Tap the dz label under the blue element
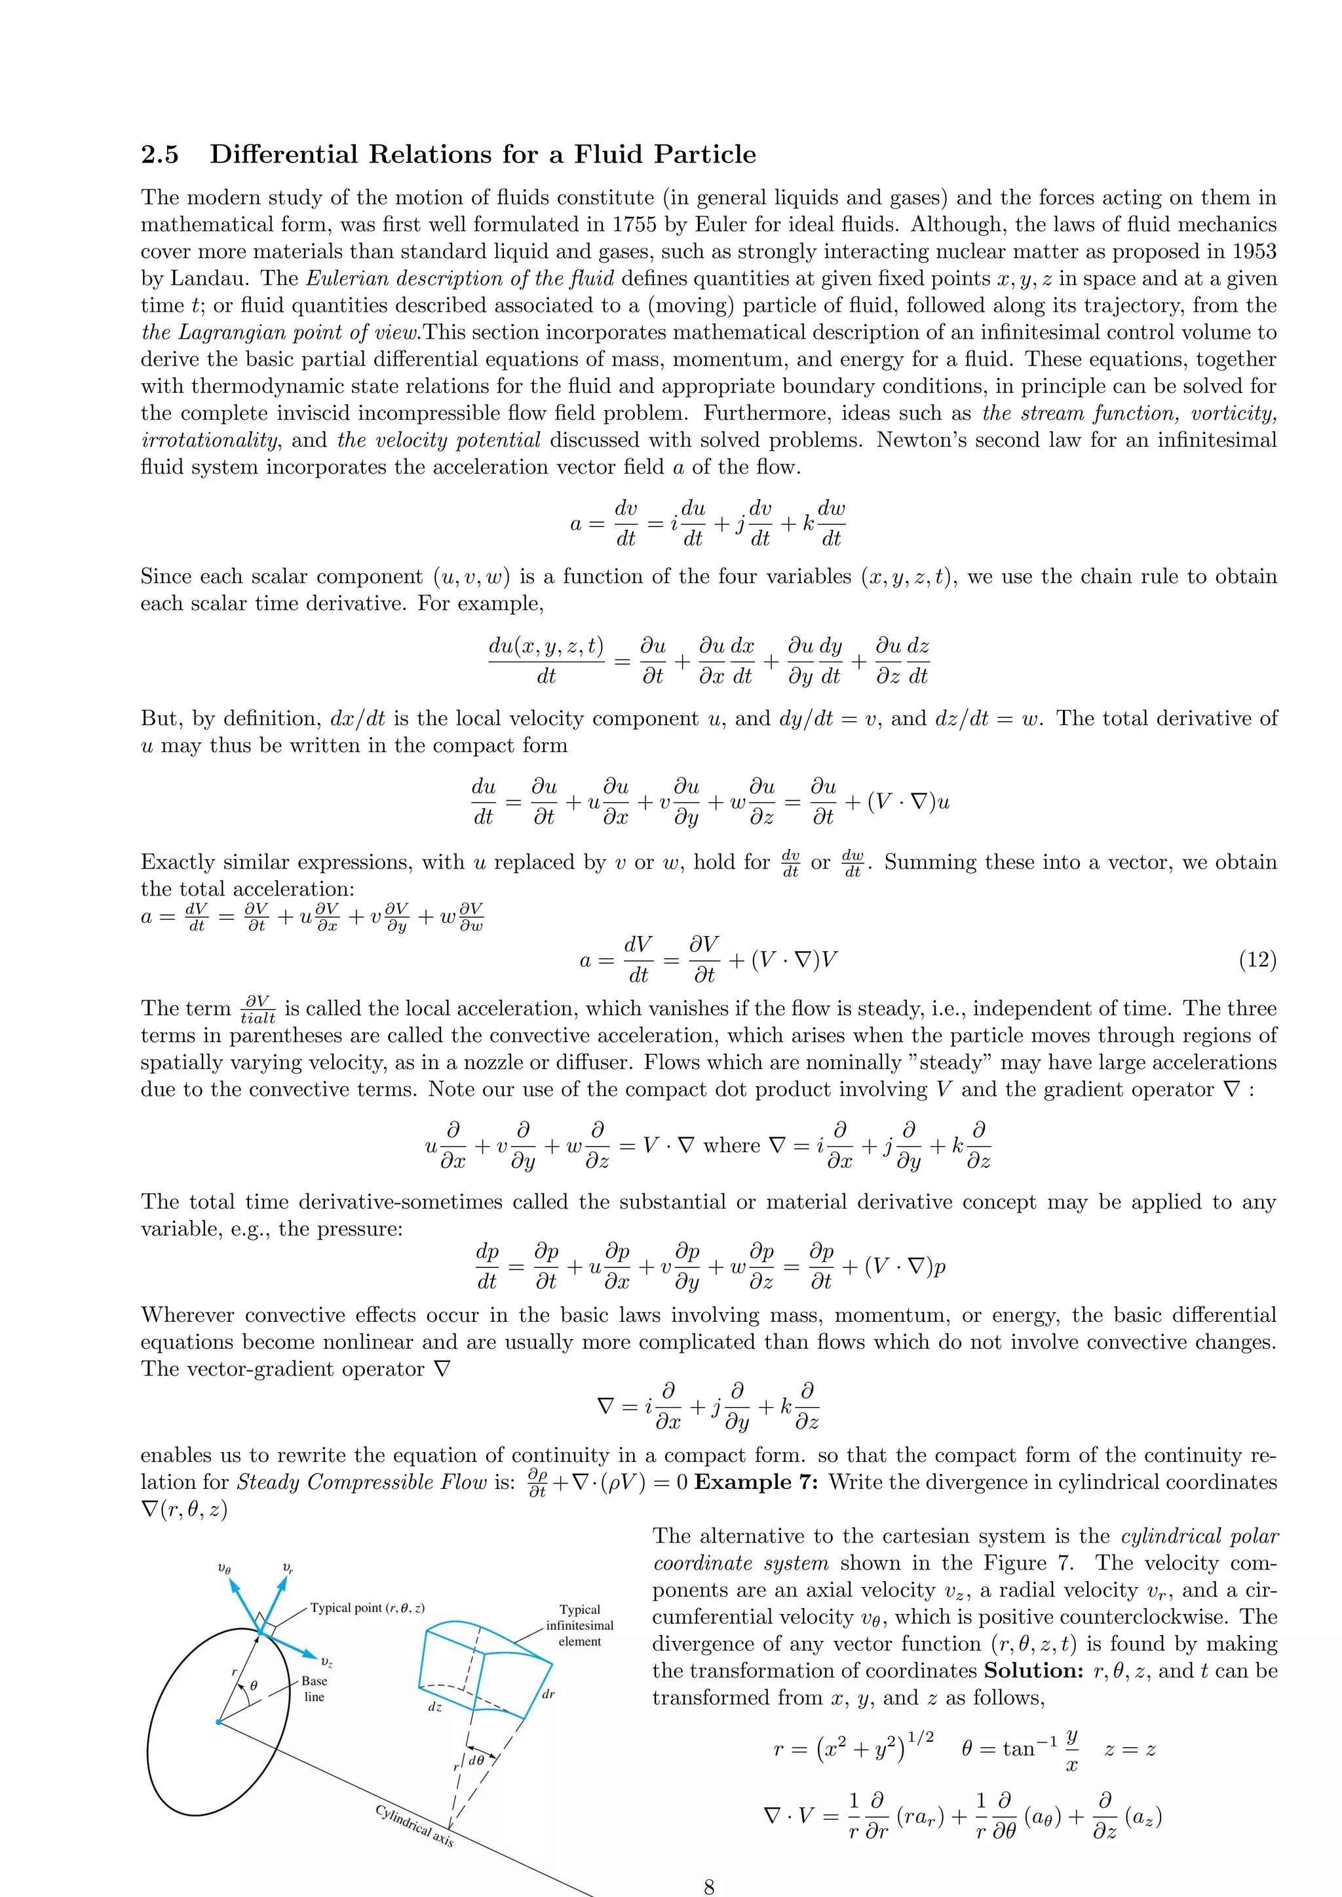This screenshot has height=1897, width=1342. [434, 1707]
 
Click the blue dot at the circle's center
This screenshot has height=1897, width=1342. [218, 1723]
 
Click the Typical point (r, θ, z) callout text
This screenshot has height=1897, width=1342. [368, 1607]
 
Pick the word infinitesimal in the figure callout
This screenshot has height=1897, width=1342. [580, 1625]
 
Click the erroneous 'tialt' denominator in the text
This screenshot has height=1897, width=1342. [258, 1019]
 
